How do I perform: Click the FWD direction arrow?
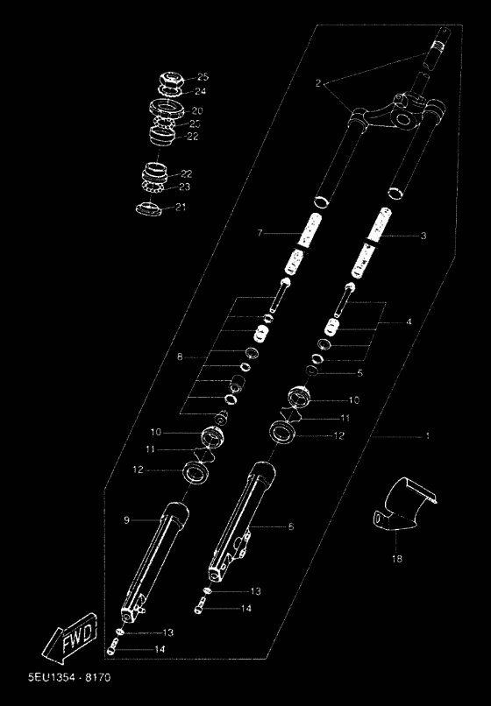tap(70, 638)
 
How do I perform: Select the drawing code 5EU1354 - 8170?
tap(69, 677)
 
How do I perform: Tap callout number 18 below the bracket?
tap(397, 559)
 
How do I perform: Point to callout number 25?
tap(203, 77)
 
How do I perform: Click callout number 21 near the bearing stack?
tap(181, 207)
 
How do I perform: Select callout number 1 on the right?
tap(427, 436)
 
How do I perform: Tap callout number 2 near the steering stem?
tap(318, 83)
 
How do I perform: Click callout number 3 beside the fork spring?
tap(423, 236)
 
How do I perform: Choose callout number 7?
tap(260, 233)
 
